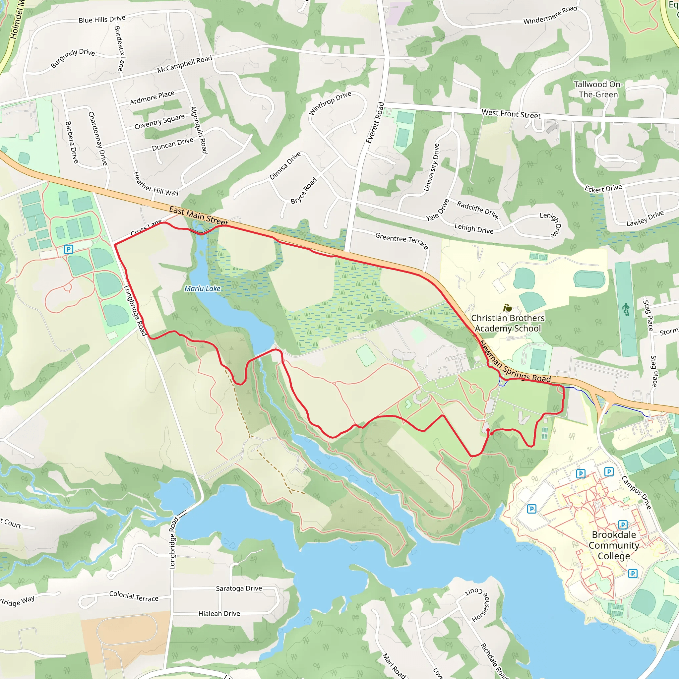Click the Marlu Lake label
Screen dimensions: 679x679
203,288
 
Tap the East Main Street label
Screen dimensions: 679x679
199,216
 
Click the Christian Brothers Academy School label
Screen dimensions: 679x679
508,323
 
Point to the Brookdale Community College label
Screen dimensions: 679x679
614,545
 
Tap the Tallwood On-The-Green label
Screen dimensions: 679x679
598,89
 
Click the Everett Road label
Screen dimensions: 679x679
375,123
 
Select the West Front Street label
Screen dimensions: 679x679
511,114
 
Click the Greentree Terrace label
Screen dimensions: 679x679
402,240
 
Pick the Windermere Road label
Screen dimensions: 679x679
550,15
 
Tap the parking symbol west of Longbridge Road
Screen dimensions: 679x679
69,249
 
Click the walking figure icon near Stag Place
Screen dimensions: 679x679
626,310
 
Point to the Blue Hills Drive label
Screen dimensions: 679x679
102,19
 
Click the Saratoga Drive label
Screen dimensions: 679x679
239,588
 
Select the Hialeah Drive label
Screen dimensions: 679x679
219,614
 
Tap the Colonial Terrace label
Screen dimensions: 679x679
134,596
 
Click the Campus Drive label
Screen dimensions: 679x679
637,492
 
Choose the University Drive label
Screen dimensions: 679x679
432,167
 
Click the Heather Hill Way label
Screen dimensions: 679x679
156,184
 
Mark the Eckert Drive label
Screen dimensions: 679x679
603,188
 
